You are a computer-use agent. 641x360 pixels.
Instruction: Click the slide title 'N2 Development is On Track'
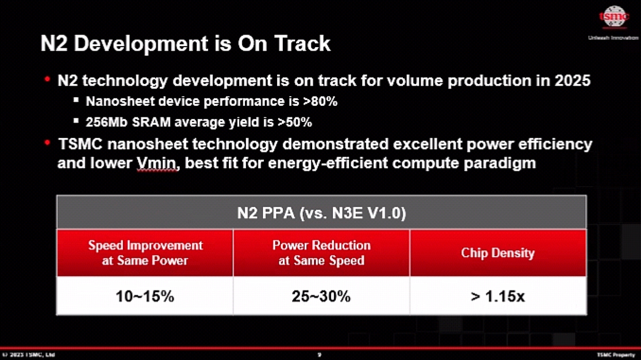pos(185,44)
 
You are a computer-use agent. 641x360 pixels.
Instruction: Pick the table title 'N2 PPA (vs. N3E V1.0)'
pos(321,213)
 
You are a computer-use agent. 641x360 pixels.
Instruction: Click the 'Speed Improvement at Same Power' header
pos(145,252)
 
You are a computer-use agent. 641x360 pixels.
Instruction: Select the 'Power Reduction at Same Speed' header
pos(321,252)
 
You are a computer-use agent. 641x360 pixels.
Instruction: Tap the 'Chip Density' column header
pos(497,253)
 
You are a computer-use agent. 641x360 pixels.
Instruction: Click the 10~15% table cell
pos(145,296)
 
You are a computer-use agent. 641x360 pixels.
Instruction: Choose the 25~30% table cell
pos(321,296)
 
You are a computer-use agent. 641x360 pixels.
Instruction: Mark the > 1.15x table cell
pos(497,296)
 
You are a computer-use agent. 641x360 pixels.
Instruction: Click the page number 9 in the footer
pos(320,355)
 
